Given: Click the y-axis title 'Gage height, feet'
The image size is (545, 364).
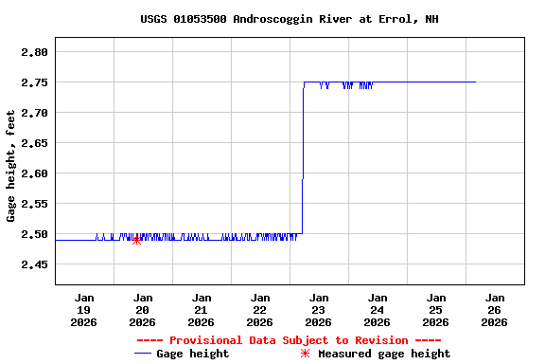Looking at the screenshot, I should [x=11, y=165].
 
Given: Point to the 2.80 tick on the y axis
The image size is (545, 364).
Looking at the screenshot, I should [x=34, y=52].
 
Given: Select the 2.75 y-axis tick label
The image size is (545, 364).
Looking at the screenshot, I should [x=34, y=82].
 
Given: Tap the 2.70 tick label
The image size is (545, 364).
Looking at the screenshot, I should [x=34, y=113].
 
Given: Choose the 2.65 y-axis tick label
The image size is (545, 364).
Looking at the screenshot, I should [x=34, y=143].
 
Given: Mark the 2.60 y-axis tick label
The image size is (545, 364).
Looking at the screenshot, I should [x=34, y=173].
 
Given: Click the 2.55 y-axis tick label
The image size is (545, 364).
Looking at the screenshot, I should [x=34, y=204].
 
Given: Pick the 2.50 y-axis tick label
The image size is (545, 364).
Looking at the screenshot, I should [x=34, y=234].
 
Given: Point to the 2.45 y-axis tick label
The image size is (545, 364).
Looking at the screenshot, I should [x=34, y=264].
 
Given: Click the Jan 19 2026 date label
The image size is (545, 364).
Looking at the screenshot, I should [x=84, y=309].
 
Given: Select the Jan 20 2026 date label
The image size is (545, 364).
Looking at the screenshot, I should [x=143, y=309].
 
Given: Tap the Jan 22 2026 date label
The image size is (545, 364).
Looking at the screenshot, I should [x=260, y=309].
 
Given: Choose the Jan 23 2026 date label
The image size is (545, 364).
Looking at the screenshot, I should [x=319, y=309].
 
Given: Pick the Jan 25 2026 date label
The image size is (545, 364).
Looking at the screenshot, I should [x=436, y=309].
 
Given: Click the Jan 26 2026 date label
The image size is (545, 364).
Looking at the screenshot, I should [x=494, y=309].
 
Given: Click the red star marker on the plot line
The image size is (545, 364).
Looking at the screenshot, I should [x=136, y=240].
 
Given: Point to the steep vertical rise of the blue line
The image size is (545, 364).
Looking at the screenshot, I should [x=303, y=161].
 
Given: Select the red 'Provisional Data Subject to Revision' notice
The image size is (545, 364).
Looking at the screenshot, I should [x=289, y=340].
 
